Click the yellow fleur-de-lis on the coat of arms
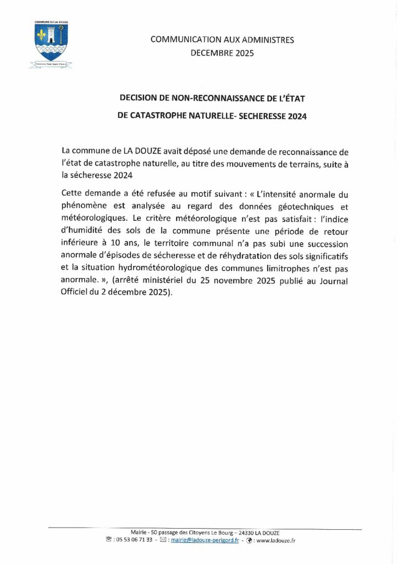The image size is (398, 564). (42, 36)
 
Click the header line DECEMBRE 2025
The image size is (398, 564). (222, 53)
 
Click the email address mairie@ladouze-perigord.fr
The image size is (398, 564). (205, 541)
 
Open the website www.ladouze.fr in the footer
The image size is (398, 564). (275, 541)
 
